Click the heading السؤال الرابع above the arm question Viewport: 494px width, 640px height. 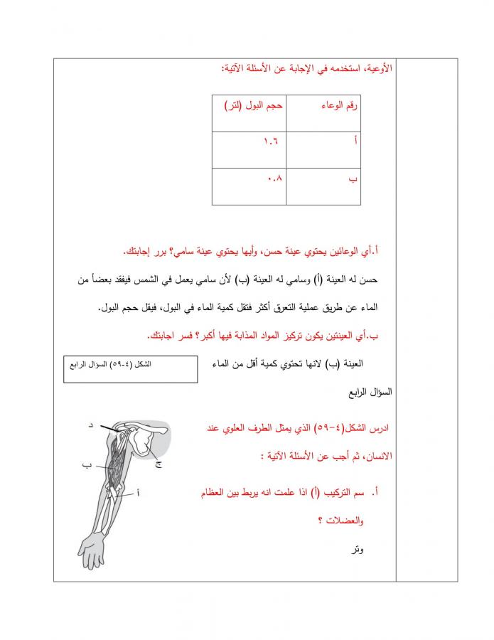(369, 392)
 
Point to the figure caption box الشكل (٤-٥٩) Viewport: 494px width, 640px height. (130, 368)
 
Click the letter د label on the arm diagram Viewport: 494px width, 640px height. (90, 425)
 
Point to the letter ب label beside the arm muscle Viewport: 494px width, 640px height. (86, 465)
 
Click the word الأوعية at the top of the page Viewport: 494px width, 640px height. (377, 70)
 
